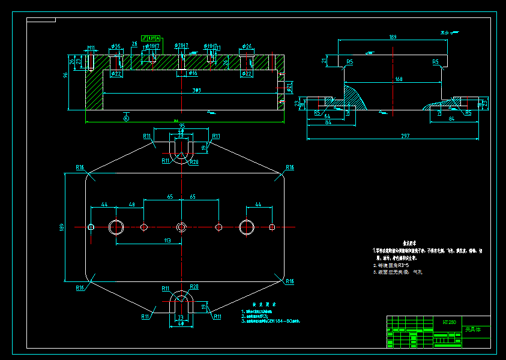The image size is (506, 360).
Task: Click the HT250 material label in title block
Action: click(449, 322)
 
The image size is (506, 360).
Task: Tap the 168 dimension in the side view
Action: click(398, 79)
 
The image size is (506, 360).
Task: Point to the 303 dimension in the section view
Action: click(179, 91)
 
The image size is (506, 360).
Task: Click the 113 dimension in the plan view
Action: click(167, 241)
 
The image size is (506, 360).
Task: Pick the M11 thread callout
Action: click(91, 47)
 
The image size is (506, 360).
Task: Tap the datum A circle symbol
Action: click(126, 119)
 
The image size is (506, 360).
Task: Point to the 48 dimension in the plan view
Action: click(131, 205)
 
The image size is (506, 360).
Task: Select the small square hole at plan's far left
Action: click(91, 227)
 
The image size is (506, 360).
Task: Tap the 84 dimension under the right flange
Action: click(451, 119)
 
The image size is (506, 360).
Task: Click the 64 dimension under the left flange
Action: click(327, 116)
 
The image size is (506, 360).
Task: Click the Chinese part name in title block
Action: click(473, 330)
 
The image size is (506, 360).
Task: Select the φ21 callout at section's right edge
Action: click(289, 88)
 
